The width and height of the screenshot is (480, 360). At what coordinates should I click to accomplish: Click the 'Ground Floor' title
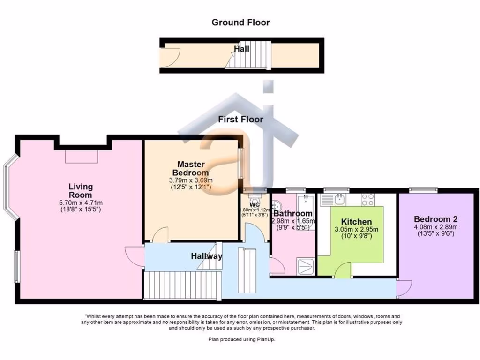[240, 22]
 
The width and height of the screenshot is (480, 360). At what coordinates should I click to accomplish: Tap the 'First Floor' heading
[240, 120]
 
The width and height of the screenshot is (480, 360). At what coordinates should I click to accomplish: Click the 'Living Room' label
[81, 191]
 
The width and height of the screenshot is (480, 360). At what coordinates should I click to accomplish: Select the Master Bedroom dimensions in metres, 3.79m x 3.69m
[191, 180]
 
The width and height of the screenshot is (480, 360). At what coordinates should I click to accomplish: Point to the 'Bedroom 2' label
[435, 219]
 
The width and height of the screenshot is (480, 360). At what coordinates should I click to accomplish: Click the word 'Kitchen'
[356, 222]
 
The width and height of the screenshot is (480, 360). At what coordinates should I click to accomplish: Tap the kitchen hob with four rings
[367, 200]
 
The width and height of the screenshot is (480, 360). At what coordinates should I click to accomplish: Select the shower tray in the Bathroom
[306, 267]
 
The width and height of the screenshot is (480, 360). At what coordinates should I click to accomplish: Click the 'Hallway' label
[206, 256]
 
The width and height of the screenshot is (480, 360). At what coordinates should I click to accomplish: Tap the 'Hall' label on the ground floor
[241, 48]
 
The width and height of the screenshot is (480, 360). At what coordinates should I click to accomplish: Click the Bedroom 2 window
[423, 190]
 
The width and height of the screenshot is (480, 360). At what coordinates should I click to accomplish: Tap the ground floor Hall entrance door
[168, 60]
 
